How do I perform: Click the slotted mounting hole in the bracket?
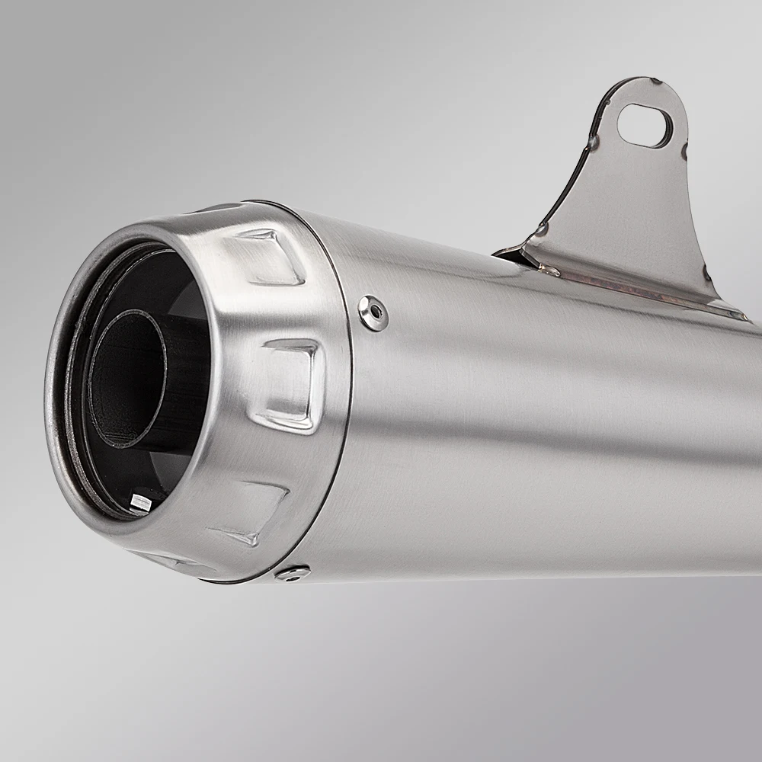coord(645,126)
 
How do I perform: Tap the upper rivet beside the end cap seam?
coord(373,312)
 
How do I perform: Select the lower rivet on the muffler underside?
coord(293,572)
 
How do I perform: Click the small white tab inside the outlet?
coord(142,501)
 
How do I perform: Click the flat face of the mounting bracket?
coord(632,221)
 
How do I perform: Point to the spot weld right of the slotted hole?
coord(685,149)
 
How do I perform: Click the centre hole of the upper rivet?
coord(373,312)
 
